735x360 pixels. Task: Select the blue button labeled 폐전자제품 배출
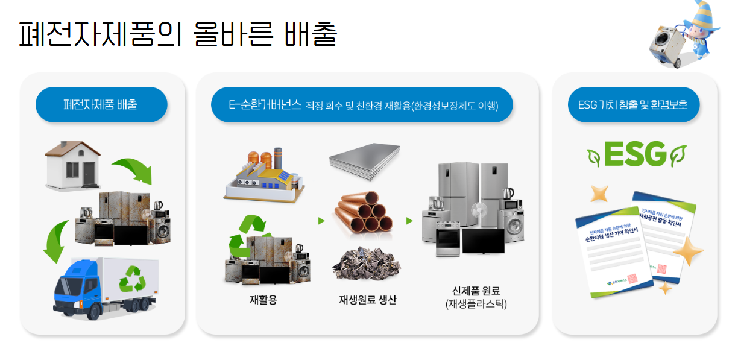(101, 105)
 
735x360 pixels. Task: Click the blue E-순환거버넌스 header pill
(362, 105)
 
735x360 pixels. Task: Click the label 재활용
(263, 299)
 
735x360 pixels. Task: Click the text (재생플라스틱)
(476, 305)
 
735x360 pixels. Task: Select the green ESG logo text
(635, 155)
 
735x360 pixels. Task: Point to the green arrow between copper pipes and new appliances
(409, 221)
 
